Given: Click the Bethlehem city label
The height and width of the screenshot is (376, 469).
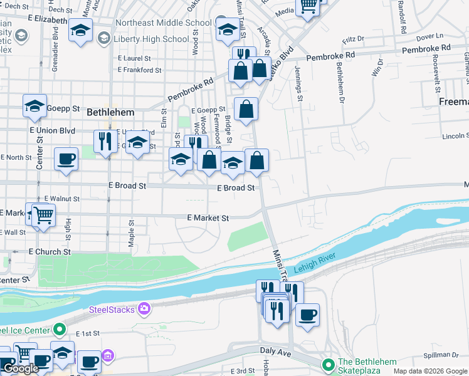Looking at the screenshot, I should point(110,112).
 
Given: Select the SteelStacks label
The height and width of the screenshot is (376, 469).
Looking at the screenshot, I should point(112,309).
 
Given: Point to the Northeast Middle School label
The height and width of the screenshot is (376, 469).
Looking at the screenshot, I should point(163,23).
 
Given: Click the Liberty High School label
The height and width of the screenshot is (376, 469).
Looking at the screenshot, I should point(151,39).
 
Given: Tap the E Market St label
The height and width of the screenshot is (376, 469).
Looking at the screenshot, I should point(208,218).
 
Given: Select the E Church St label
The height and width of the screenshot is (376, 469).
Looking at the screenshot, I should point(50,252).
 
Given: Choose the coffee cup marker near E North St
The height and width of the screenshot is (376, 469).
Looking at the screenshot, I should point(66,160).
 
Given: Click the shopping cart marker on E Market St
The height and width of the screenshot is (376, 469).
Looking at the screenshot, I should point(43,216).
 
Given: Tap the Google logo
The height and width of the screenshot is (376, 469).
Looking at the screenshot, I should point(21,368).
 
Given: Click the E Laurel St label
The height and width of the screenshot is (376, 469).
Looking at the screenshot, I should point(134,58).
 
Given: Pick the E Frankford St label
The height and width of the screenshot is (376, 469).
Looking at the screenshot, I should point(140,70).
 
